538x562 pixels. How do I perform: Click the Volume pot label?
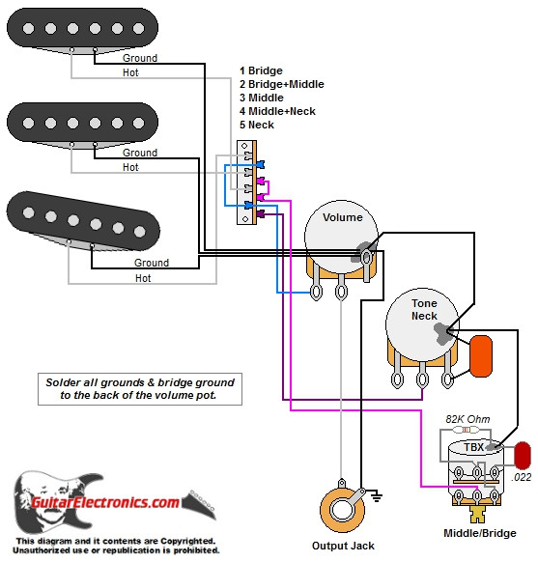coord(343,217)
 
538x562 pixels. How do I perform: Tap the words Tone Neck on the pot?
coord(424,309)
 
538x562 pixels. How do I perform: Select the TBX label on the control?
coord(473,447)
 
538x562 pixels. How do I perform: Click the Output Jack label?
coord(335,546)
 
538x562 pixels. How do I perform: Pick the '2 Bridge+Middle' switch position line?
coord(281,84)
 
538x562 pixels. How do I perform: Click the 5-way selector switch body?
coord(248,181)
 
